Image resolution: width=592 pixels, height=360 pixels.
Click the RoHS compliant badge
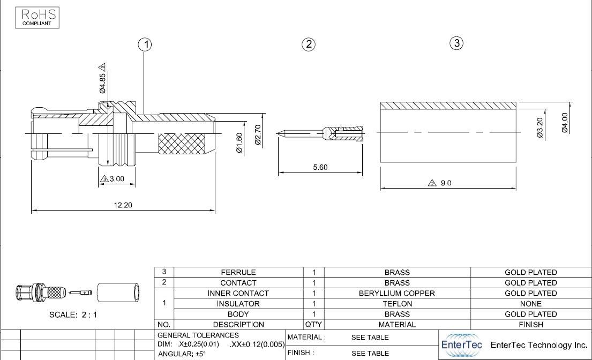38,18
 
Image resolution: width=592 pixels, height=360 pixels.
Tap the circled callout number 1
145,44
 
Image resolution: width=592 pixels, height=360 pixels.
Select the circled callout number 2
309,44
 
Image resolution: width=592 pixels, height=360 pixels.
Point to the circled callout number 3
456,43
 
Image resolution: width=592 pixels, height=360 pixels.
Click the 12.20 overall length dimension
123,205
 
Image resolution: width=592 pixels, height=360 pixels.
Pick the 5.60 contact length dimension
320,167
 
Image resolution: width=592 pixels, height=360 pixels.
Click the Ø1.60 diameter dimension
239,142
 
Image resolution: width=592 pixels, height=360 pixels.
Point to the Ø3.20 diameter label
540,128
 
